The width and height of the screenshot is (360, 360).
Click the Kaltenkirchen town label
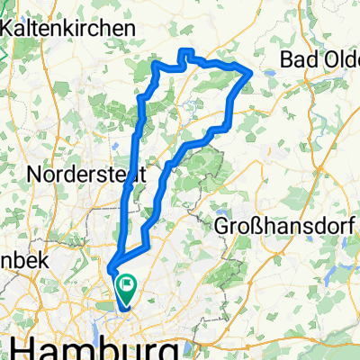(x=69, y=28)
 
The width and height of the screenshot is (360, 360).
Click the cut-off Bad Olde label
(x=319, y=59)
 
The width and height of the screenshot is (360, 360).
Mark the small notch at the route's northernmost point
(x=186, y=51)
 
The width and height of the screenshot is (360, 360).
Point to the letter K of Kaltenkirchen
(x=10, y=28)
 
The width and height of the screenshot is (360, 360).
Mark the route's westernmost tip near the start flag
(x=110, y=269)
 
